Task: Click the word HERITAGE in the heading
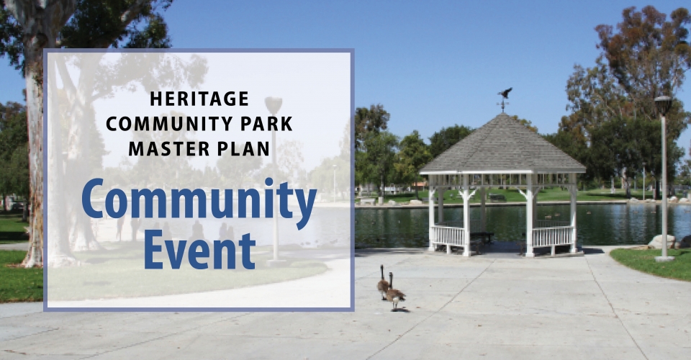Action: (x=199, y=99)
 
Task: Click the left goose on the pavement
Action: (x=383, y=283)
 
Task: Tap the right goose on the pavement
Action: (x=395, y=292)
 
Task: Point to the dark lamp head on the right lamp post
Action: (x=663, y=106)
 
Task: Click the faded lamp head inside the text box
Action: (x=274, y=106)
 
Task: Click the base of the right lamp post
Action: (x=664, y=258)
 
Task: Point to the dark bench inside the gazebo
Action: (x=482, y=237)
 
